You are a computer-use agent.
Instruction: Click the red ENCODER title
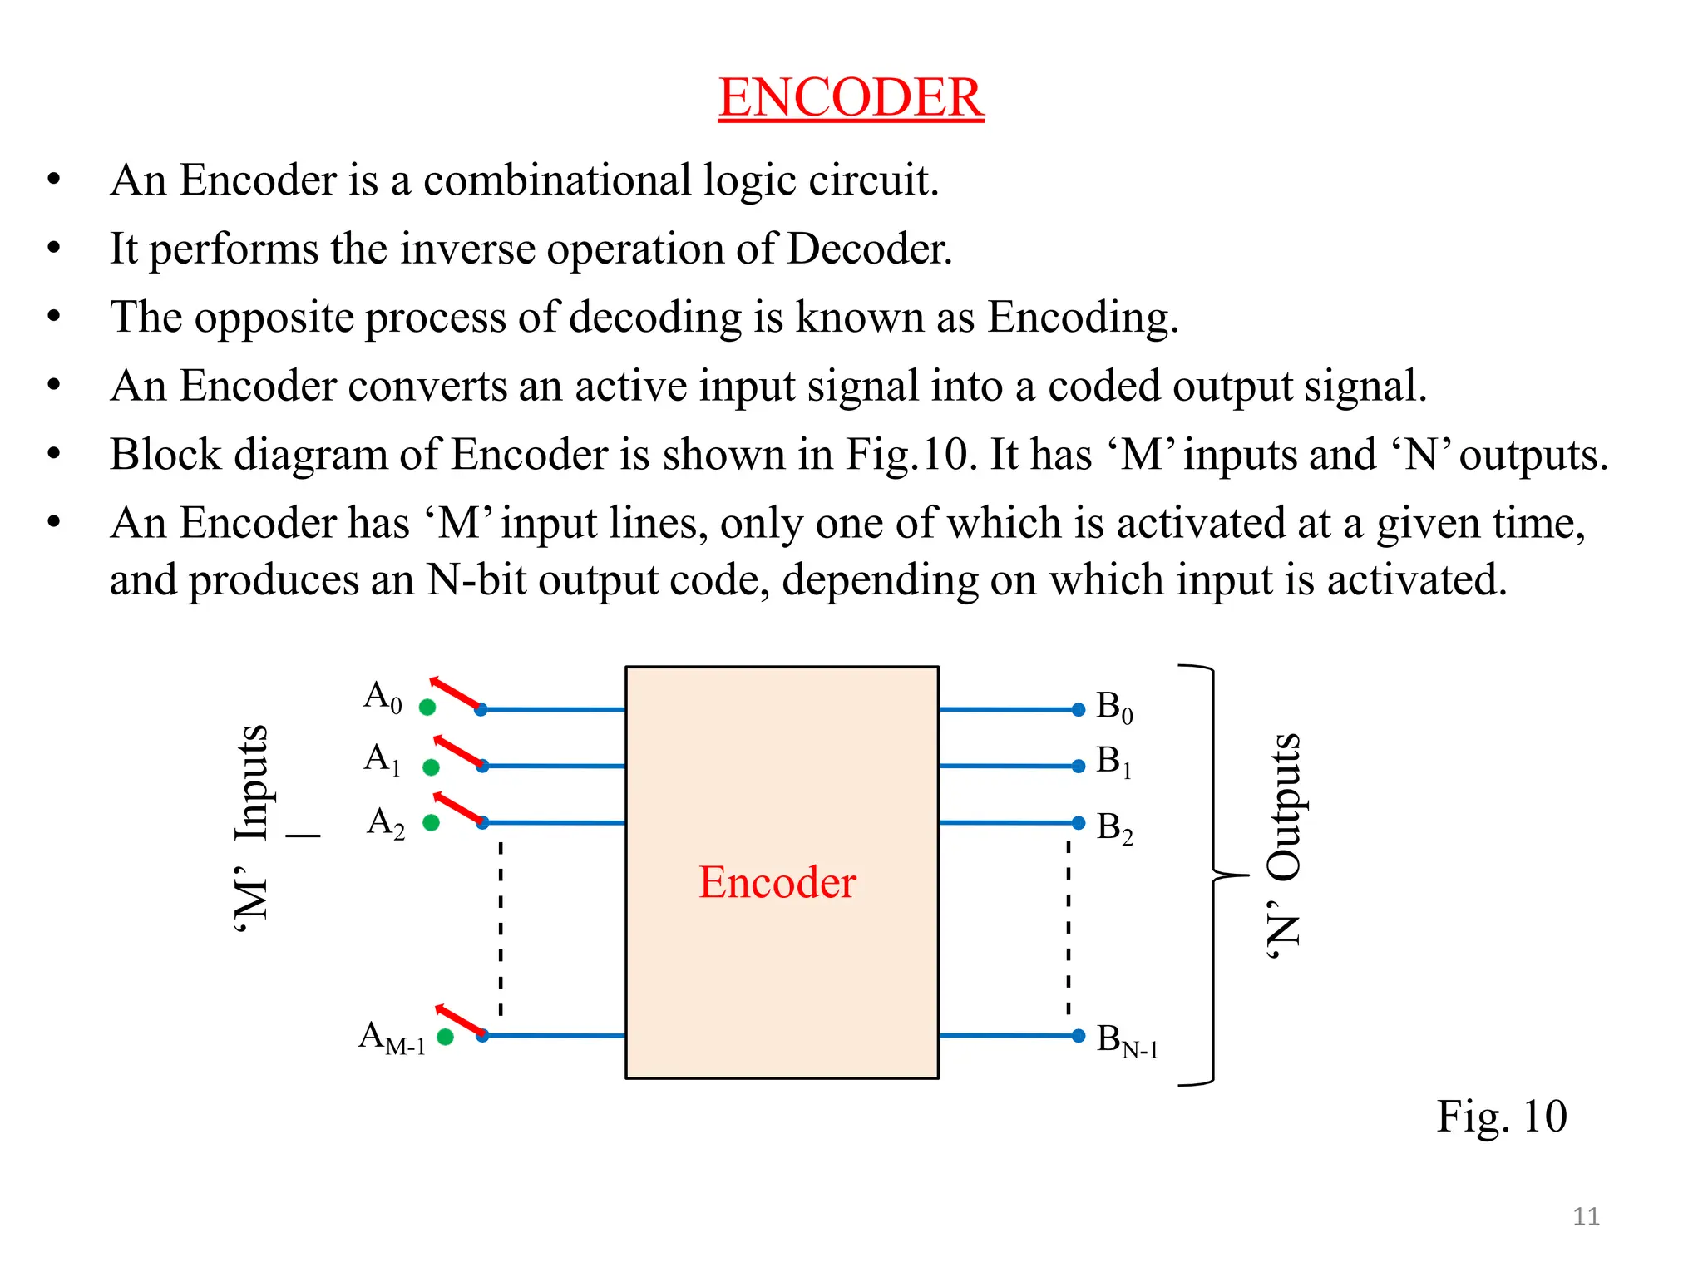(851, 97)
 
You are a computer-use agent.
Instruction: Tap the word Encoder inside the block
(777, 882)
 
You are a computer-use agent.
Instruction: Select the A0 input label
(383, 696)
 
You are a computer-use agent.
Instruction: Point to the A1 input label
(383, 758)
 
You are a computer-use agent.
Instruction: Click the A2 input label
(386, 822)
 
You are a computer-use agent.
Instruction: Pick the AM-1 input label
(392, 1038)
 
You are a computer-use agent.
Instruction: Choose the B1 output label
(1113, 762)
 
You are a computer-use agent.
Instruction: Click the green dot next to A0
(427, 708)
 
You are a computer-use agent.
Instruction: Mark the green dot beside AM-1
(446, 1037)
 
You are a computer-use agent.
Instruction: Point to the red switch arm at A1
(457, 752)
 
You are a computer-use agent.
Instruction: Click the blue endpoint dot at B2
(1079, 823)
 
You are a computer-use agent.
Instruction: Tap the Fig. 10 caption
(1502, 1117)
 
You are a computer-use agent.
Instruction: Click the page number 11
(1586, 1217)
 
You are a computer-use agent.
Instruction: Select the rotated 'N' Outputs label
(1283, 846)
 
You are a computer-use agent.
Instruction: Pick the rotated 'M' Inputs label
(251, 830)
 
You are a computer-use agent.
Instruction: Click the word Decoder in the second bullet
(869, 249)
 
